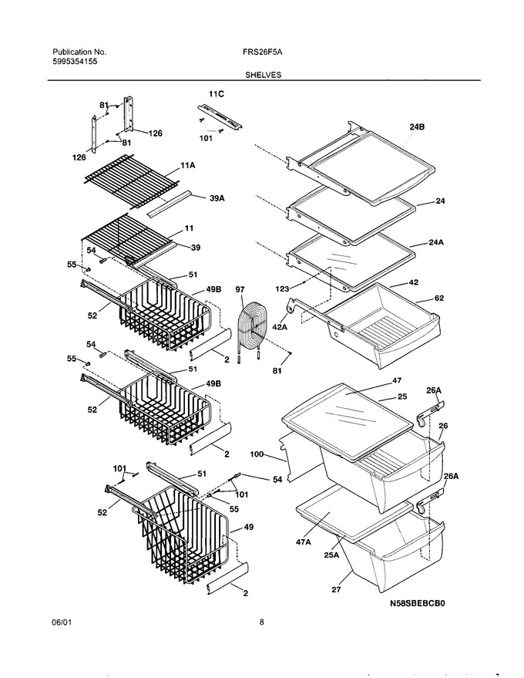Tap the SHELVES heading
[x=263, y=75]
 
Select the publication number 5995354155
[x=75, y=62]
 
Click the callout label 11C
[x=217, y=94]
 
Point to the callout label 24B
[x=417, y=127]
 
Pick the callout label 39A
[x=217, y=198]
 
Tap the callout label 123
[x=283, y=288]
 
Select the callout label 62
[x=438, y=298]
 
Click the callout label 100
[x=257, y=454]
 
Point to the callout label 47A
[x=303, y=541]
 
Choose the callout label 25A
[x=331, y=555]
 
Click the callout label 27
[x=336, y=589]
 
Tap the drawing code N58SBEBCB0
[x=418, y=603]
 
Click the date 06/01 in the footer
[x=62, y=622]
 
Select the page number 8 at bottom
[x=262, y=622]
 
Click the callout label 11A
[x=187, y=165]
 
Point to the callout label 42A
[x=280, y=327]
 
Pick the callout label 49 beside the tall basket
[x=248, y=527]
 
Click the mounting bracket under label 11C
[x=220, y=116]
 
